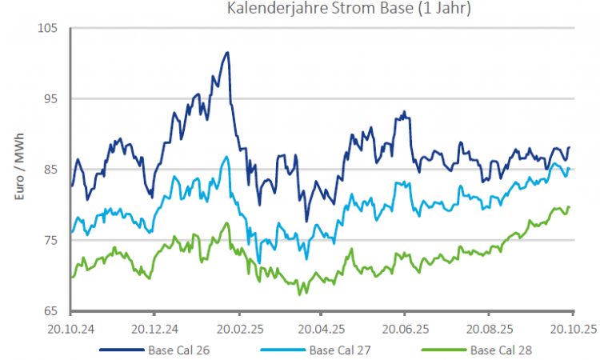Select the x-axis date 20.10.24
pyautogui.click(x=70, y=327)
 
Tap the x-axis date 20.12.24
pyautogui.click(x=154, y=327)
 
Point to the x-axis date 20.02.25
pyautogui.click(x=238, y=327)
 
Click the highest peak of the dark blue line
pyautogui.click(x=228, y=53)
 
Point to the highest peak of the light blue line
pyautogui.click(x=227, y=157)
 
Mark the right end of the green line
pyautogui.click(x=569, y=207)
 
